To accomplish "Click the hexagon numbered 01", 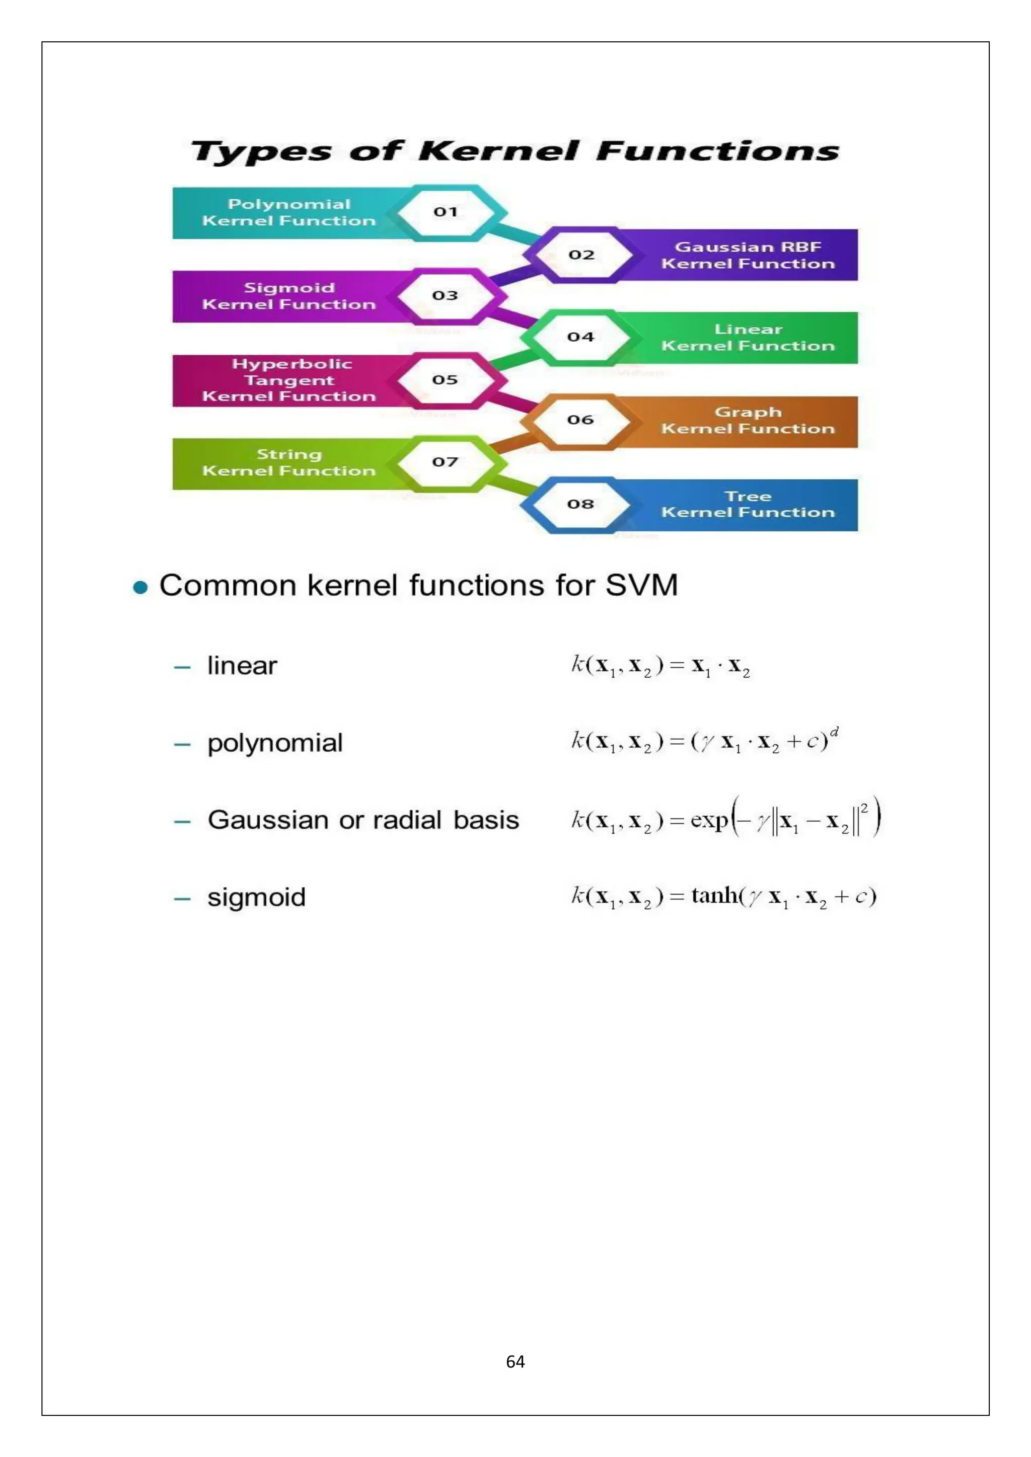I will (x=446, y=212).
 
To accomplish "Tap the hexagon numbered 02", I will (x=581, y=255).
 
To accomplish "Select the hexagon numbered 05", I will (x=445, y=379).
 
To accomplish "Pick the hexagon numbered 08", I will (x=580, y=504).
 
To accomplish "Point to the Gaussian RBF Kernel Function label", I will (x=748, y=255).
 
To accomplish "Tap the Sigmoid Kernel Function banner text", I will (x=289, y=296).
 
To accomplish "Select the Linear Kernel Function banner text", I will (x=748, y=338).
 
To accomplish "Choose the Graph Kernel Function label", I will (x=748, y=421).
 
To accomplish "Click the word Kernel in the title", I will (x=498, y=151).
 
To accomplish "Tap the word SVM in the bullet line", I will (x=641, y=585).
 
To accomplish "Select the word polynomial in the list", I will (x=275, y=743).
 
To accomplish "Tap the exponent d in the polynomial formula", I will (x=834, y=732).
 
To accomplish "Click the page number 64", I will (x=515, y=1362).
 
